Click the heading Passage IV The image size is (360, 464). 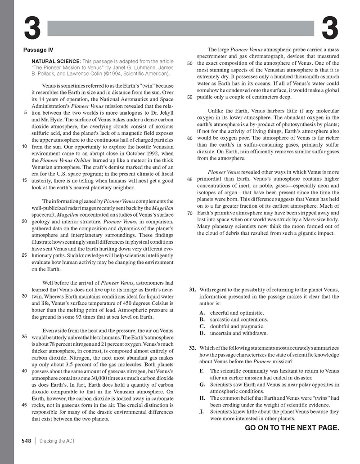pyautogui.click(x=40, y=50)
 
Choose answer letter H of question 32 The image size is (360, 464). pyautogui.click(x=202, y=398)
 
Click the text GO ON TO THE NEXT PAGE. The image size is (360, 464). pyautogui.click(x=292, y=428)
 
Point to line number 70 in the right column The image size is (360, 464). pyautogui.click(x=189, y=213)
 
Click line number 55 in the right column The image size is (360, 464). pyautogui.click(x=189, y=97)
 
